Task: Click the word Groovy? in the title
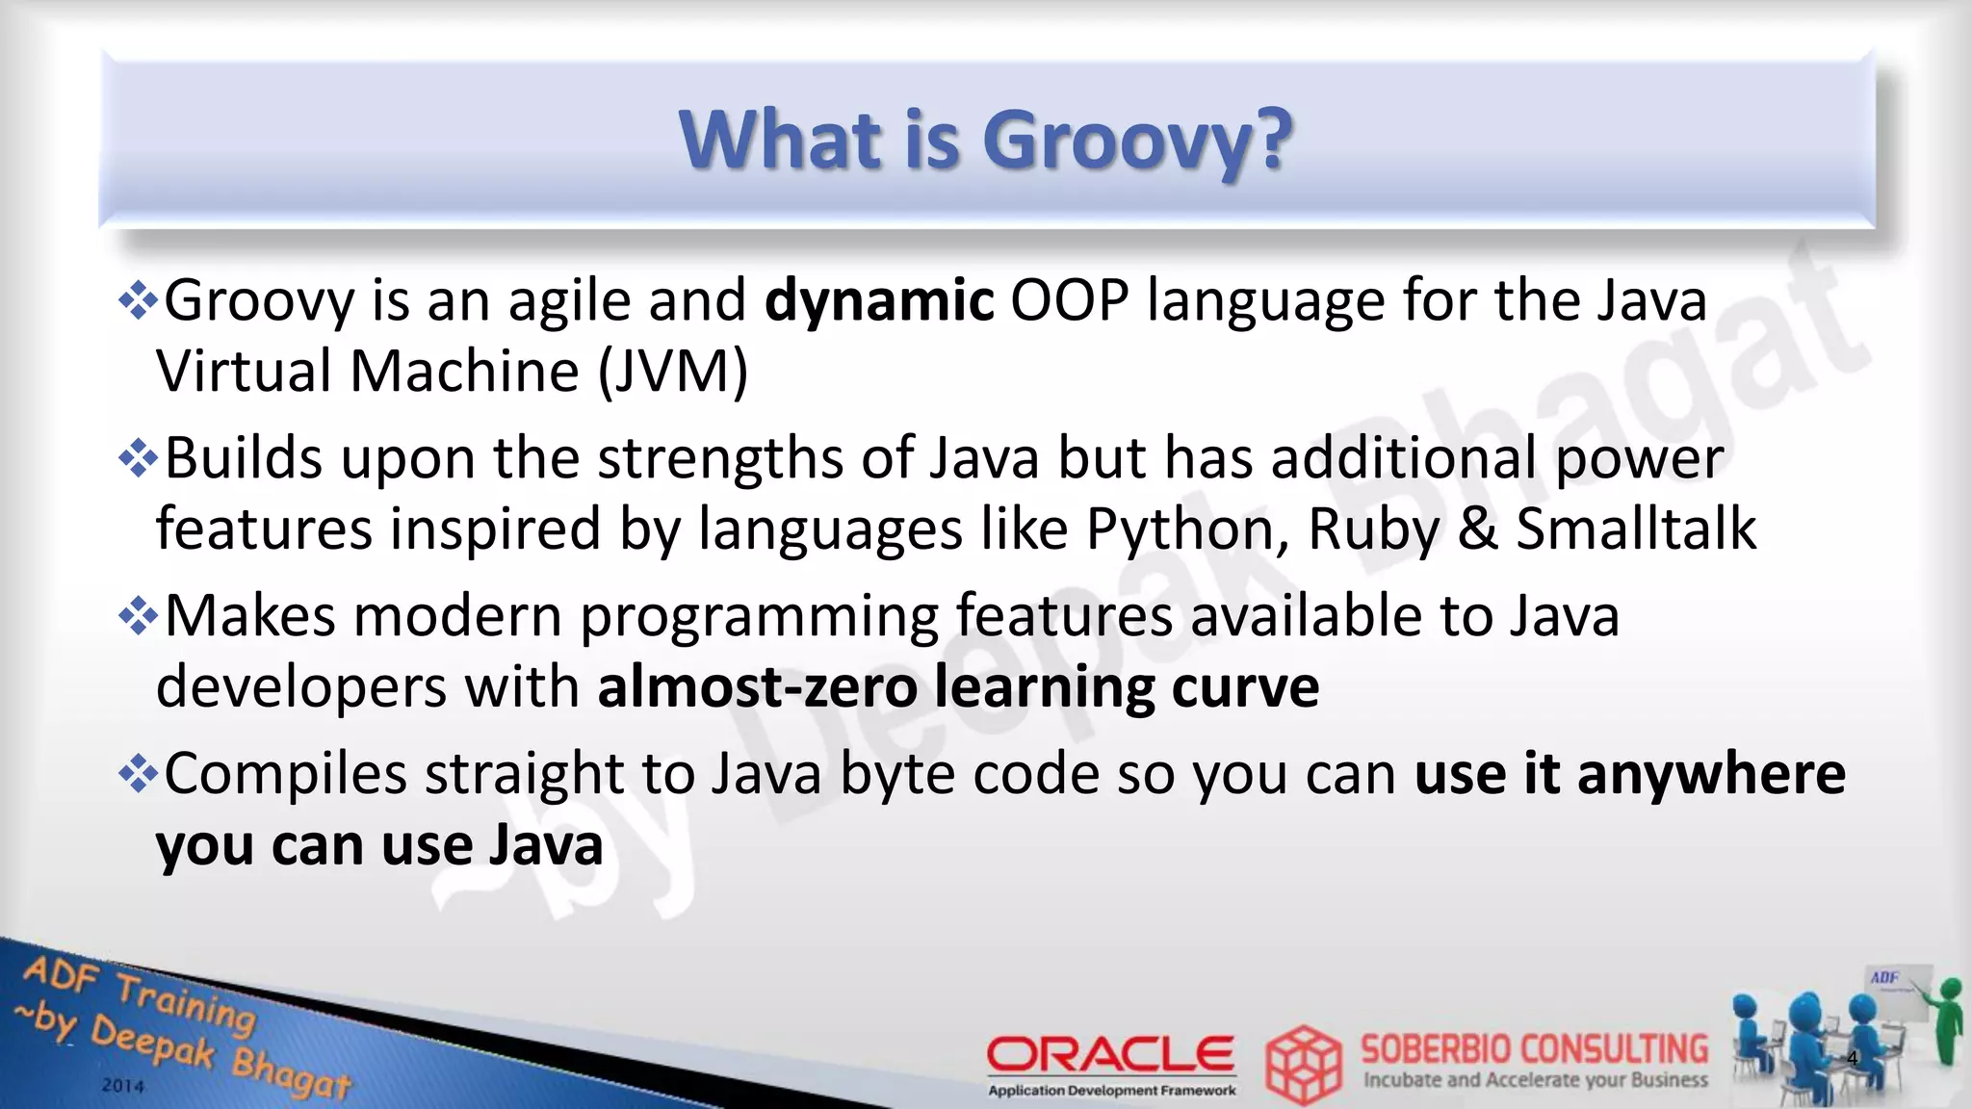click(x=1136, y=142)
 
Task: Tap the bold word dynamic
click(x=878, y=300)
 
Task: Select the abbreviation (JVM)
click(x=672, y=372)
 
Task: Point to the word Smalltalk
click(x=1636, y=529)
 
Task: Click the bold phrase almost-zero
click(x=757, y=687)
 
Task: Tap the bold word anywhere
click(x=1710, y=774)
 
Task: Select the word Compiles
click(x=285, y=774)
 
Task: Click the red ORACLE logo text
click(x=1110, y=1055)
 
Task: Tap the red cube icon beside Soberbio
click(x=1303, y=1064)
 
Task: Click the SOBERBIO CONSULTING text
click(x=1534, y=1049)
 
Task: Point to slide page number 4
click(x=1852, y=1060)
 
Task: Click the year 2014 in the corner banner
click(x=122, y=1086)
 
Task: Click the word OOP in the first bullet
click(x=1069, y=300)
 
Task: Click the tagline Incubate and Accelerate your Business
click(x=1535, y=1080)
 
